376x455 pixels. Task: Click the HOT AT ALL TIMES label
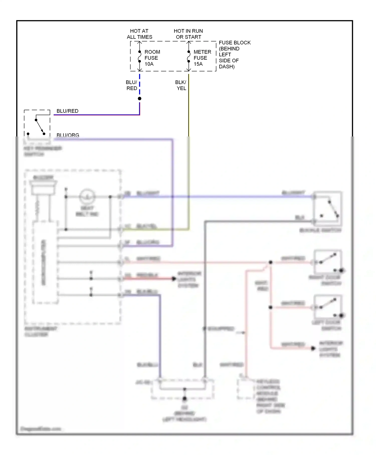point(139,34)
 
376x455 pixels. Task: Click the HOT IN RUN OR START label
point(188,34)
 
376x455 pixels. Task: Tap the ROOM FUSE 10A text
point(152,58)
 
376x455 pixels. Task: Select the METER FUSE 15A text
point(202,58)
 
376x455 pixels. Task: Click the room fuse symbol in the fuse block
point(140,57)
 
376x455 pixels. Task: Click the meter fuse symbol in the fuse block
point(189,57)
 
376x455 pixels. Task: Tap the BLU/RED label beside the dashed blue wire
point(132,85)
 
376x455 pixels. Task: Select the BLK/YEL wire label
point(181,85)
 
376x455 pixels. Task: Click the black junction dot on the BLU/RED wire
point(140,99)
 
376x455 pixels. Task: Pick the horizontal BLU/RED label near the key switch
point(67,111)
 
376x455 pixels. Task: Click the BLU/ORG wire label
point(68,135)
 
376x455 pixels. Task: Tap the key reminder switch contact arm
point(40,127)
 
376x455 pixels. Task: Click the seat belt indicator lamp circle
point(87,197)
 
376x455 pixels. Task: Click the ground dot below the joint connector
point(185,399)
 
